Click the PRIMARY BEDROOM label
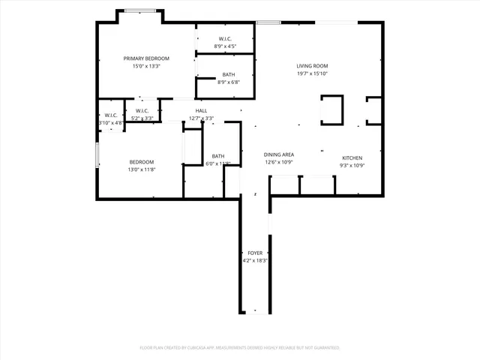146,58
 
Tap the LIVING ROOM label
312,66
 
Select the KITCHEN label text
352,157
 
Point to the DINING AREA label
277,154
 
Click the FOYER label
255,253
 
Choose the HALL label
202,110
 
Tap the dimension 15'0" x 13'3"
146,66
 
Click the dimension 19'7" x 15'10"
312,73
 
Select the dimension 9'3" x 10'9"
352,165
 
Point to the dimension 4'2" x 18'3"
255,260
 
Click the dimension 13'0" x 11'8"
142,170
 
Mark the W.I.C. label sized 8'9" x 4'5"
225,38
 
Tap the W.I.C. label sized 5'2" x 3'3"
142,110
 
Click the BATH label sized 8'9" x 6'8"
229,74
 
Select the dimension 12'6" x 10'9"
277,162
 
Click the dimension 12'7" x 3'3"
202,118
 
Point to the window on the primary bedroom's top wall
140,10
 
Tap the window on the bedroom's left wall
97,155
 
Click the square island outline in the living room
331,109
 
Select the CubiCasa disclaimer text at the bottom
240,347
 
